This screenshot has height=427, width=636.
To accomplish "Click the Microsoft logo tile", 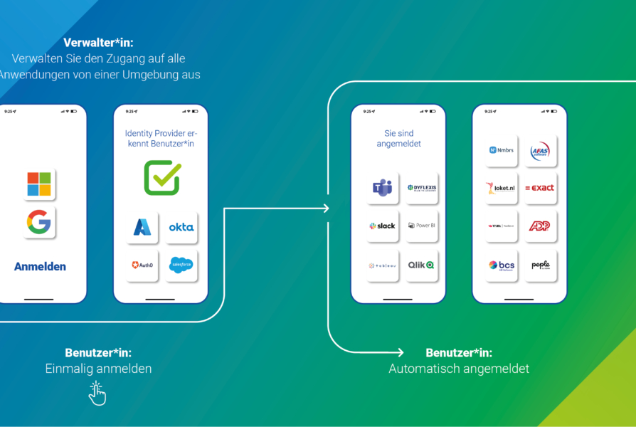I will click(x=39, y=184).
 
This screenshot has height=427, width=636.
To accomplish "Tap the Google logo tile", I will click(x=39, y=223).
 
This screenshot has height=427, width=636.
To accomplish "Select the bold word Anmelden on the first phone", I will click(x=40, y=266).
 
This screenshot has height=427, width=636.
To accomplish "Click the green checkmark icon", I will click(x=162, y=178).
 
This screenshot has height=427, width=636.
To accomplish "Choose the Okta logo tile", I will click(x=181, y=227).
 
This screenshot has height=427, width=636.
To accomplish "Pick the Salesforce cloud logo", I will click(x=181, y=265).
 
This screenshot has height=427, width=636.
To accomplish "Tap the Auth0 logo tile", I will click(x=142, y=265).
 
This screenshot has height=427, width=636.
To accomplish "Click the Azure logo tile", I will click(x=142, y=227).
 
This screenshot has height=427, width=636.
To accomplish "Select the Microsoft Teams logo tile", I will click(x=383, y=188).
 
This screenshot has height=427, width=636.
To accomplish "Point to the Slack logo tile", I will click(x=383, y=226).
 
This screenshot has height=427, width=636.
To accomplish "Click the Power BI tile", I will click(x=422, y=226).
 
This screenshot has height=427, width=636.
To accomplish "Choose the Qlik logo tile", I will click(x=422, y=265).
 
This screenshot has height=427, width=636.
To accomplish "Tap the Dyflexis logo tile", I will click(x=422, y=188).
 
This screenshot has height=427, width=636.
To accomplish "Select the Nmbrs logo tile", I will click(x=502, y=150).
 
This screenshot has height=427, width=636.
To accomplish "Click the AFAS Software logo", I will click(x=541, y=150).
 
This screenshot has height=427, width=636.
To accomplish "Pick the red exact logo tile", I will click(x=541, y=188).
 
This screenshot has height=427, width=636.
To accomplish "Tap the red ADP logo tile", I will click(x=541, y=226).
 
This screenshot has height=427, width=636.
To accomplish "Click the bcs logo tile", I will click(x=502, y=265).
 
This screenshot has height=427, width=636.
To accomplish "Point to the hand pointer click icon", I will click(x=97, y=393).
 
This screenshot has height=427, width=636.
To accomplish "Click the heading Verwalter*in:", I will click(x=98, y=43).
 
